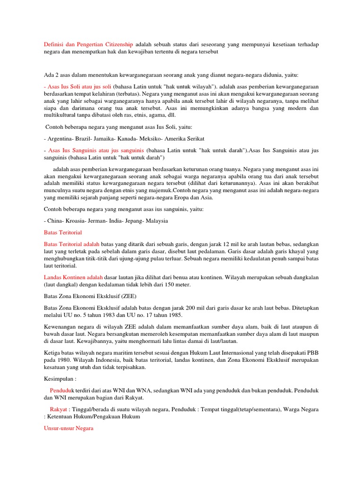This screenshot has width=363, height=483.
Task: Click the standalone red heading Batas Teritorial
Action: (62, 233)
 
